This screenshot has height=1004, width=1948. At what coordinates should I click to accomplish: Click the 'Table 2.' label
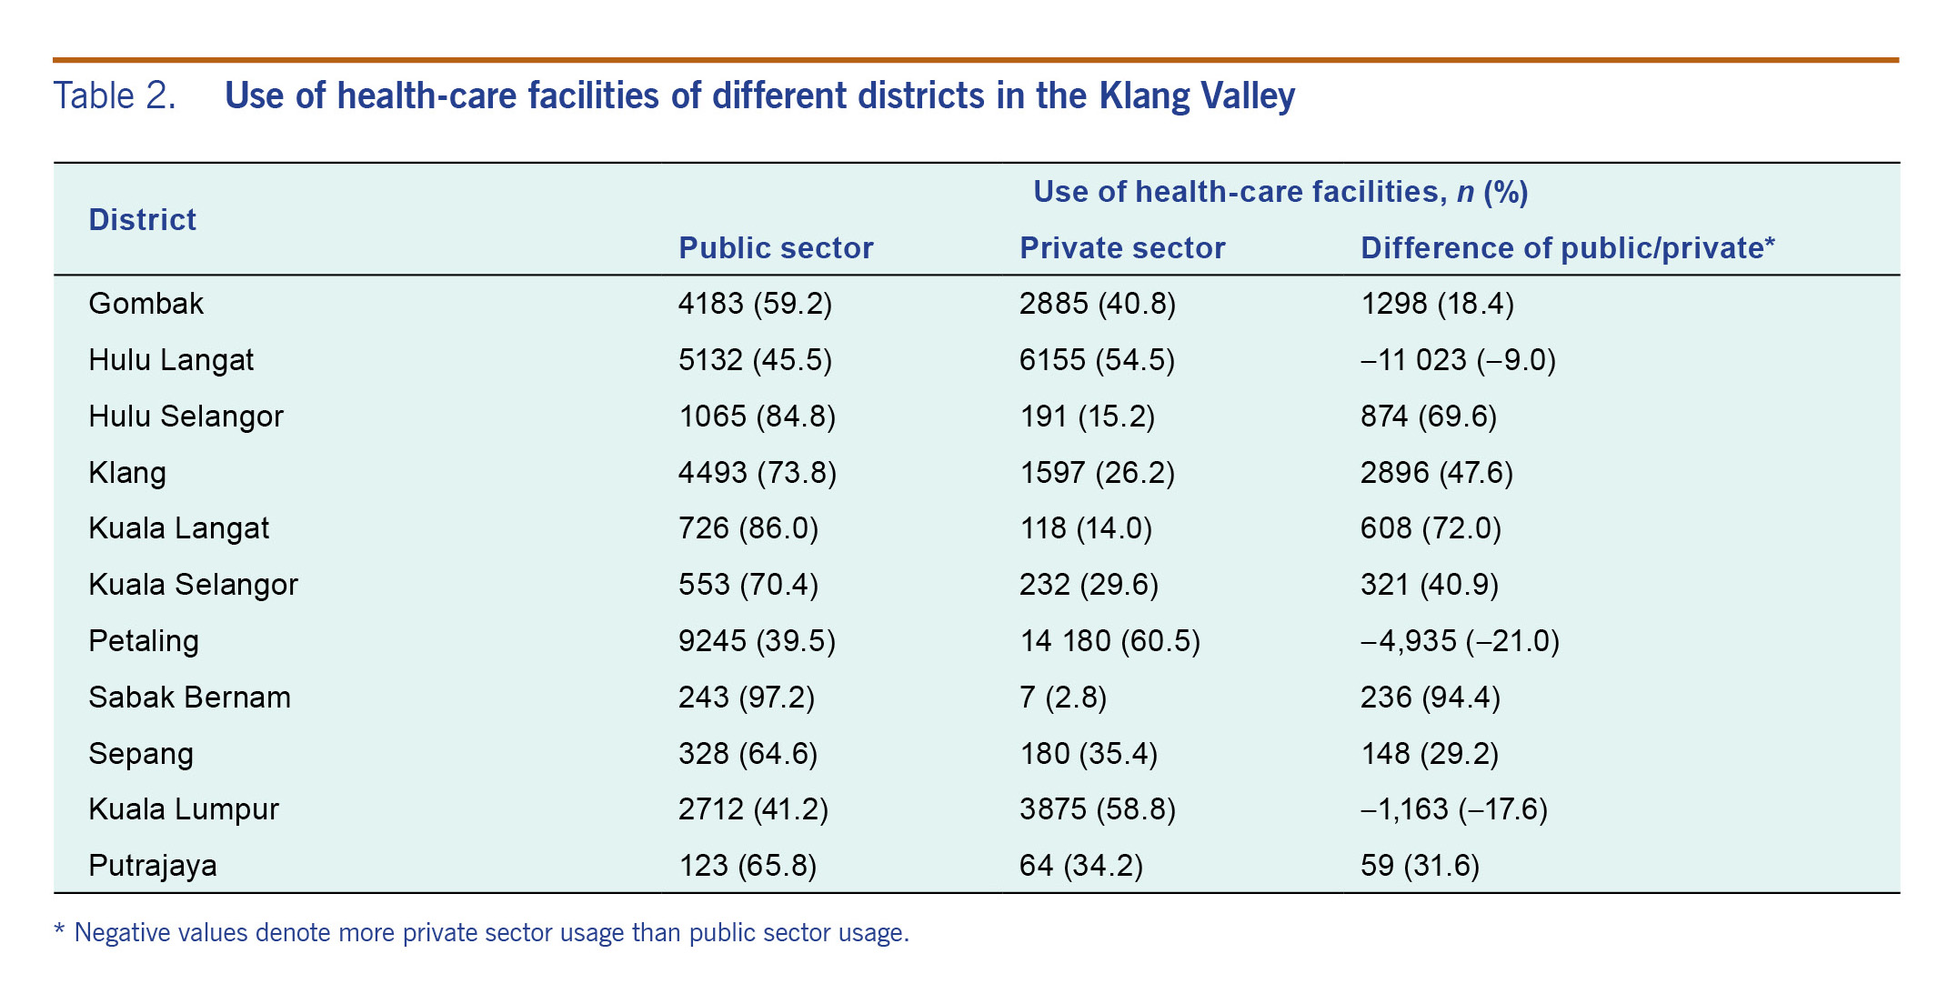(115, 96)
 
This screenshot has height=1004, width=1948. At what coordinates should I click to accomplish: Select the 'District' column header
(142, 220)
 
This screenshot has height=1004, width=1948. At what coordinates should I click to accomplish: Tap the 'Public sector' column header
(775, 248)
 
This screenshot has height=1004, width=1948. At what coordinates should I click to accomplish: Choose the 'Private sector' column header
(1121, 248)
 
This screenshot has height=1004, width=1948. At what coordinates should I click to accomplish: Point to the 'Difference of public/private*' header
(1567, 248)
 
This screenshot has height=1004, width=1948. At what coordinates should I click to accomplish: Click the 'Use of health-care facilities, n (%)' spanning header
(1280, 192)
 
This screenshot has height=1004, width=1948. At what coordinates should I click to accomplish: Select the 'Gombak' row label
(146, 304)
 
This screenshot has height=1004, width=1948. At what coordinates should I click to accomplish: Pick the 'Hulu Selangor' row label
(186, 417)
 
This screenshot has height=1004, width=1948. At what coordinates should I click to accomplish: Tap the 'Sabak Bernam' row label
(189, 698)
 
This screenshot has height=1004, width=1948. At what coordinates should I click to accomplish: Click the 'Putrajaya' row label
(152, 866)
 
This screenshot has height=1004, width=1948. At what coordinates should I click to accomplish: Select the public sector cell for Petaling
(756, 641)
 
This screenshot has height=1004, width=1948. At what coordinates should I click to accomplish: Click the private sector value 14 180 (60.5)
(1109, 641)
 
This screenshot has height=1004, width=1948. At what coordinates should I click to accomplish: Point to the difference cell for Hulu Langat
(1457, 360)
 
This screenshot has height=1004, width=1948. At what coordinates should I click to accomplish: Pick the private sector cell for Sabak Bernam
(1062, 698)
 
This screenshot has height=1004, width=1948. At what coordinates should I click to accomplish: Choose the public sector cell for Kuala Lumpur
(752, 809)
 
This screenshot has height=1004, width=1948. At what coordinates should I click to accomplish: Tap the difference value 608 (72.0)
(1430, 528)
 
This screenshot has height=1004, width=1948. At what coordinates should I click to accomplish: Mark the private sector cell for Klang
(1096, 473)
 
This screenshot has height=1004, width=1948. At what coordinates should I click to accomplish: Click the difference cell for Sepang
(1429, 754)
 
